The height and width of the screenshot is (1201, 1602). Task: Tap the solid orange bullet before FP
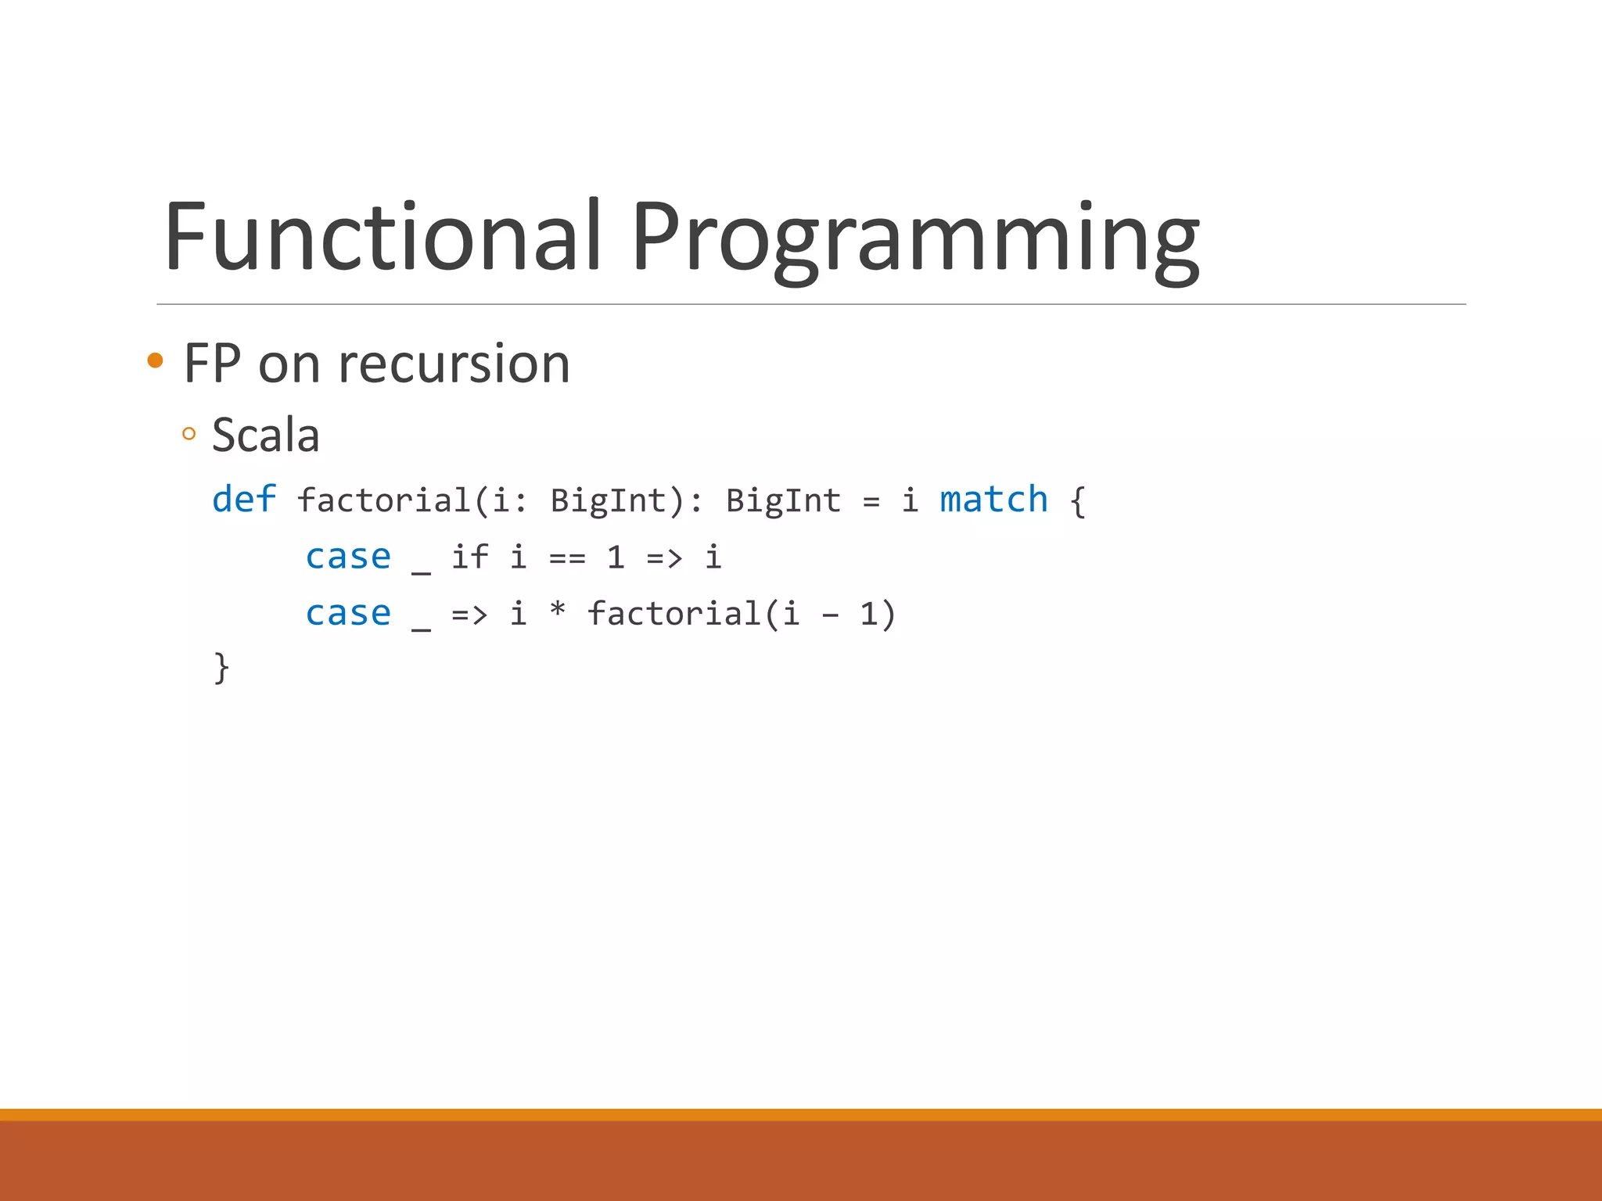155,360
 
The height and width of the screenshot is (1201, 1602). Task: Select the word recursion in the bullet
454,364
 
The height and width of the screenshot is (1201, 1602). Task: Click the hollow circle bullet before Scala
189,434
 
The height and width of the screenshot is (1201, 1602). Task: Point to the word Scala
266,435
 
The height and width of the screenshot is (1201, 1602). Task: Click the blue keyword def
244,500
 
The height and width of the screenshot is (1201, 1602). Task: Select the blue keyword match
993,500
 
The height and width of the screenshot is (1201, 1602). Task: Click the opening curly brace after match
1078,501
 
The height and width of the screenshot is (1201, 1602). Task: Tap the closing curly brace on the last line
221,669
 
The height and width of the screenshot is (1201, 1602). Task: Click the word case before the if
348,557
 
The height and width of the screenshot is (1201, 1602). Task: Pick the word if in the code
469,557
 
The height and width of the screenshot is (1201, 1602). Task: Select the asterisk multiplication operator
557,610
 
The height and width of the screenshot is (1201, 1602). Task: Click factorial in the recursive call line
674,614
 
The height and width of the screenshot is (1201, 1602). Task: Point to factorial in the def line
384,500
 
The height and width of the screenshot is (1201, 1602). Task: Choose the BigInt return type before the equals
783,500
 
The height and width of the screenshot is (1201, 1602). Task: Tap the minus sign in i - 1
830,616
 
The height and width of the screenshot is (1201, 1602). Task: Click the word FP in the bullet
212,364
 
